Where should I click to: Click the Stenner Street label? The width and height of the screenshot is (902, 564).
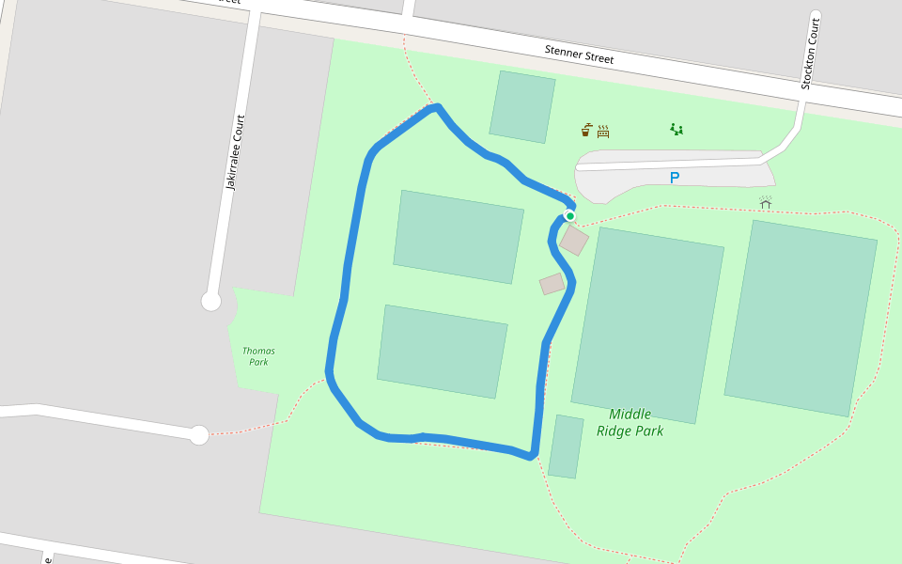tap(579, 54)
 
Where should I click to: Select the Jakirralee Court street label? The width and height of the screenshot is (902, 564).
tap(234, 152)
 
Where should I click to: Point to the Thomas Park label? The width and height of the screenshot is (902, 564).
tap(258, 356)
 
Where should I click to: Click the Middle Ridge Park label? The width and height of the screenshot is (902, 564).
tap(630, 422)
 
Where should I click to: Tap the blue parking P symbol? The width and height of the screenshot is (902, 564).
tap(674, 178)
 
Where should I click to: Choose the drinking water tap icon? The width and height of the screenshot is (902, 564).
tap(586, 130)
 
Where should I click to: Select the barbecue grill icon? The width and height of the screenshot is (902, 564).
tap(603, 131)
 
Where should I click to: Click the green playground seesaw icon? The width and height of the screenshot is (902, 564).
tap(676, 129)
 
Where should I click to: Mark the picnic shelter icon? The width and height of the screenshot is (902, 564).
tap(765, 202)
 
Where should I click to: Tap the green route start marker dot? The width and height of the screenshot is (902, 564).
tap(569, 216)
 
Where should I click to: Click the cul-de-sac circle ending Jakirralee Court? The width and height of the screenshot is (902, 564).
tap(211, 301)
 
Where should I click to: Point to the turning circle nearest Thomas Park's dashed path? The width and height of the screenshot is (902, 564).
tap(199, 435)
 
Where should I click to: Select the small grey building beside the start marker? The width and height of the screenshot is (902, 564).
tap(574, 240)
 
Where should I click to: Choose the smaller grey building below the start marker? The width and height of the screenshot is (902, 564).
tap(552, 283)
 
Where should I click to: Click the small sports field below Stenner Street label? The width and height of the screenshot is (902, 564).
tap(521, 106)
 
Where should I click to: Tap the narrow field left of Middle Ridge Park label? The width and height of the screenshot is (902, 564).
tap(566, 446)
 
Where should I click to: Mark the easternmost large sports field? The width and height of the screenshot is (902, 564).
tap(801, 318)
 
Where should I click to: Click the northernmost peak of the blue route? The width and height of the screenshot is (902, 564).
tap(437, 107)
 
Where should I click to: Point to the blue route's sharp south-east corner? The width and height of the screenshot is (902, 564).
tap(533, 457)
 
